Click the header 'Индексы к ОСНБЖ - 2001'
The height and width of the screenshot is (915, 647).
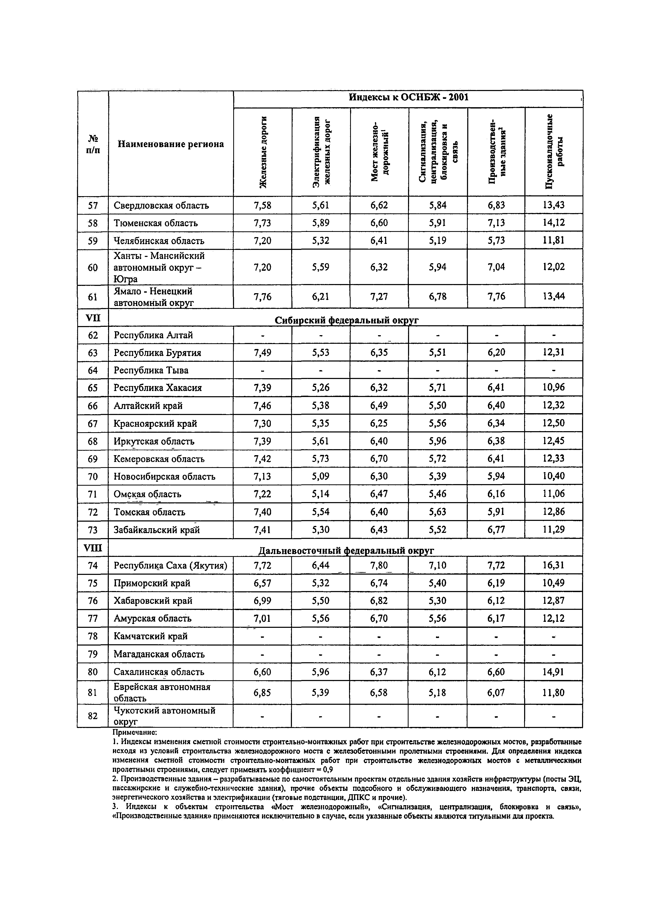coord(408,97)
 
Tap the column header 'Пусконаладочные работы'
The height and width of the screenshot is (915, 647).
coord(554,152)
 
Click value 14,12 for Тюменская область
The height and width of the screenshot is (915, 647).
coord(554,223)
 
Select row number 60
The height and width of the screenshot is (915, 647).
coord(93,267)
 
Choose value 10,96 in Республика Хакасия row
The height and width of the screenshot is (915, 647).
coord(554,387)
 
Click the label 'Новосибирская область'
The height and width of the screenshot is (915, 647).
coord(164,477)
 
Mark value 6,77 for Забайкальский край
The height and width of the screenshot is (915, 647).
coord(496,530)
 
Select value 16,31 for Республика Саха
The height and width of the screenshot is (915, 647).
coord(554,565)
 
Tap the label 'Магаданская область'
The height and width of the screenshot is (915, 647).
coord(159,654)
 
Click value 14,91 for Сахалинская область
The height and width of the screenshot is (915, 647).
coord(554,672)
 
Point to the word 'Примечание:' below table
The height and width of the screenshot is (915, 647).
coord(135,732)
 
